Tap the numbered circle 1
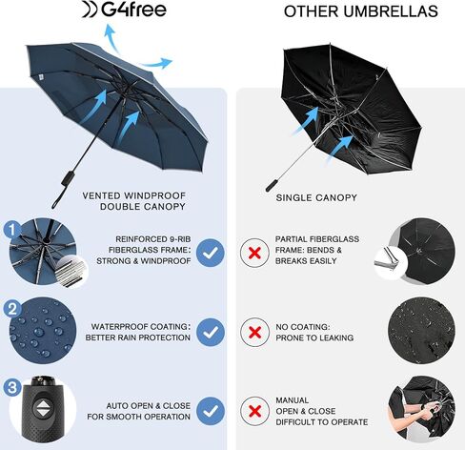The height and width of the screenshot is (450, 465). point(11,230)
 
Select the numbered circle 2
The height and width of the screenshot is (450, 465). point(11,309)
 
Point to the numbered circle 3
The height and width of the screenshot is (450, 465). point(11,388)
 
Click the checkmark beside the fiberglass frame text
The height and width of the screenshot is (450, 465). point(211,253)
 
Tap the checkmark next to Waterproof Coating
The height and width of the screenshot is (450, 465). point(211,333)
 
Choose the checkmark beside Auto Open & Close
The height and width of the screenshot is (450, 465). point(211,412)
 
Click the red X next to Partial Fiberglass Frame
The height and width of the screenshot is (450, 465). point(254,253)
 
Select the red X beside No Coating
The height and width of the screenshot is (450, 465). point(254,333)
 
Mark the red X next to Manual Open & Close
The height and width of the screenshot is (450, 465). point(254,412)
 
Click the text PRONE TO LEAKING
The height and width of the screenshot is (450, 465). point(313,338)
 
